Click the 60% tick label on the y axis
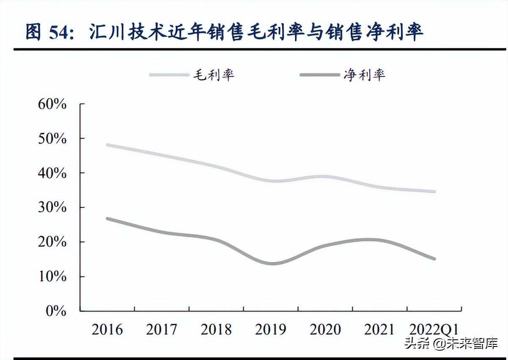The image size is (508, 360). [52, 104]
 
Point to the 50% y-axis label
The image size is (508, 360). [52, 139]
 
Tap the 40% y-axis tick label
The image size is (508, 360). [52, 173]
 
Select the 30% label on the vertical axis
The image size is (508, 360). [52, 207]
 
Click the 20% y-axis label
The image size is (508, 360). [52, 242]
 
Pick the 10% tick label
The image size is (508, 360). [52, 277]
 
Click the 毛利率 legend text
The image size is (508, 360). [213, 75]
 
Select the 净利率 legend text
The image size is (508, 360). [364, 75]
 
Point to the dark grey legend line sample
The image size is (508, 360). [320, 75]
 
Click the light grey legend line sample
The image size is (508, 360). [169, 75]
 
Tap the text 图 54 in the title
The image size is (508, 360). [46, 33]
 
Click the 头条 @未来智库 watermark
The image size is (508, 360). [451, 343]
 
